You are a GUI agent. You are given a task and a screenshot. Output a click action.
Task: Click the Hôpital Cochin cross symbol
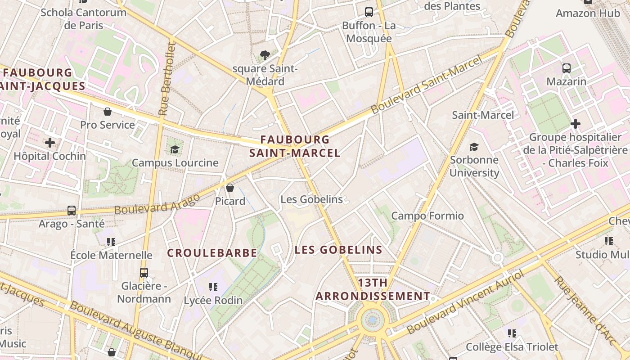coord(50,143)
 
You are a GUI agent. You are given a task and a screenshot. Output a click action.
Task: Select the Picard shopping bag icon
coord(230,188)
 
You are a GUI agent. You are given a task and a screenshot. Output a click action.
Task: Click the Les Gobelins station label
coord(311,199)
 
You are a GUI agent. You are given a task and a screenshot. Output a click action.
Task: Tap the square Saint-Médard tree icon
coord(265,55)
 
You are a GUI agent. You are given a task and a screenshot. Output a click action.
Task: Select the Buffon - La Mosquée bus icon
coord(369,12)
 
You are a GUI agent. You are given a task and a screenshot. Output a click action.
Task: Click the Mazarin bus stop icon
coord(567,68)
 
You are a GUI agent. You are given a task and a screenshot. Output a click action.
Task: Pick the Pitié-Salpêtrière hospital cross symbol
coord(575,124)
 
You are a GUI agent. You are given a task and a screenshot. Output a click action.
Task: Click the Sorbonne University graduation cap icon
coord(474,147)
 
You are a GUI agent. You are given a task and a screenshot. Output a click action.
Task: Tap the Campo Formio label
coord(427,216)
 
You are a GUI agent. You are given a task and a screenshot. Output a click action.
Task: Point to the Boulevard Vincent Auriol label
coord(466,303)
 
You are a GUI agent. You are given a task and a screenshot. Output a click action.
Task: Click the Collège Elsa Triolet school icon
coord(512,333)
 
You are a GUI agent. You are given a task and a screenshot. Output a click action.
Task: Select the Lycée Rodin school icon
coord(213,287)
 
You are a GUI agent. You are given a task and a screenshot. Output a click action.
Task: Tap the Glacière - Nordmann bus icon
coord(144,273)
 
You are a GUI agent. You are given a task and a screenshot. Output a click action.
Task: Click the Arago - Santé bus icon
coord(72,210)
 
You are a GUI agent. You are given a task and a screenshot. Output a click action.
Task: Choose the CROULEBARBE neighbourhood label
coord(212,253)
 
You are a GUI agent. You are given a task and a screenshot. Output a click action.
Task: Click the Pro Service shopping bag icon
coord(108,112)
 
